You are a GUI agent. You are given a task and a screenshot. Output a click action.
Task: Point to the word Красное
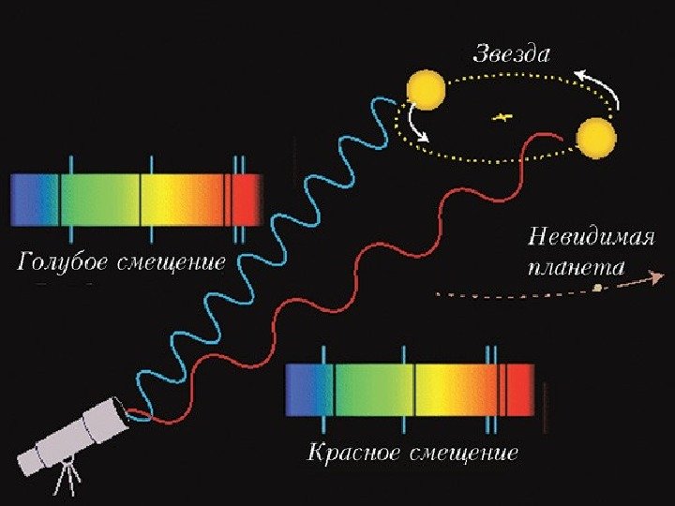pos(352,454)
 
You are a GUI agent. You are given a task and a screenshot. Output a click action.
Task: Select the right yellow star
pos(596,139)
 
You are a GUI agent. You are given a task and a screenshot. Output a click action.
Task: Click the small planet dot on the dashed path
pos(597,288)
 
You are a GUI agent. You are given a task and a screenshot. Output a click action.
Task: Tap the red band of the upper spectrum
pos(247,201)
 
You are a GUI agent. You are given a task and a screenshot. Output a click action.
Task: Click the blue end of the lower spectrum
pos(302,389)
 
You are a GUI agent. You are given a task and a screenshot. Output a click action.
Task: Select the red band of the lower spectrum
pos(518,389)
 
